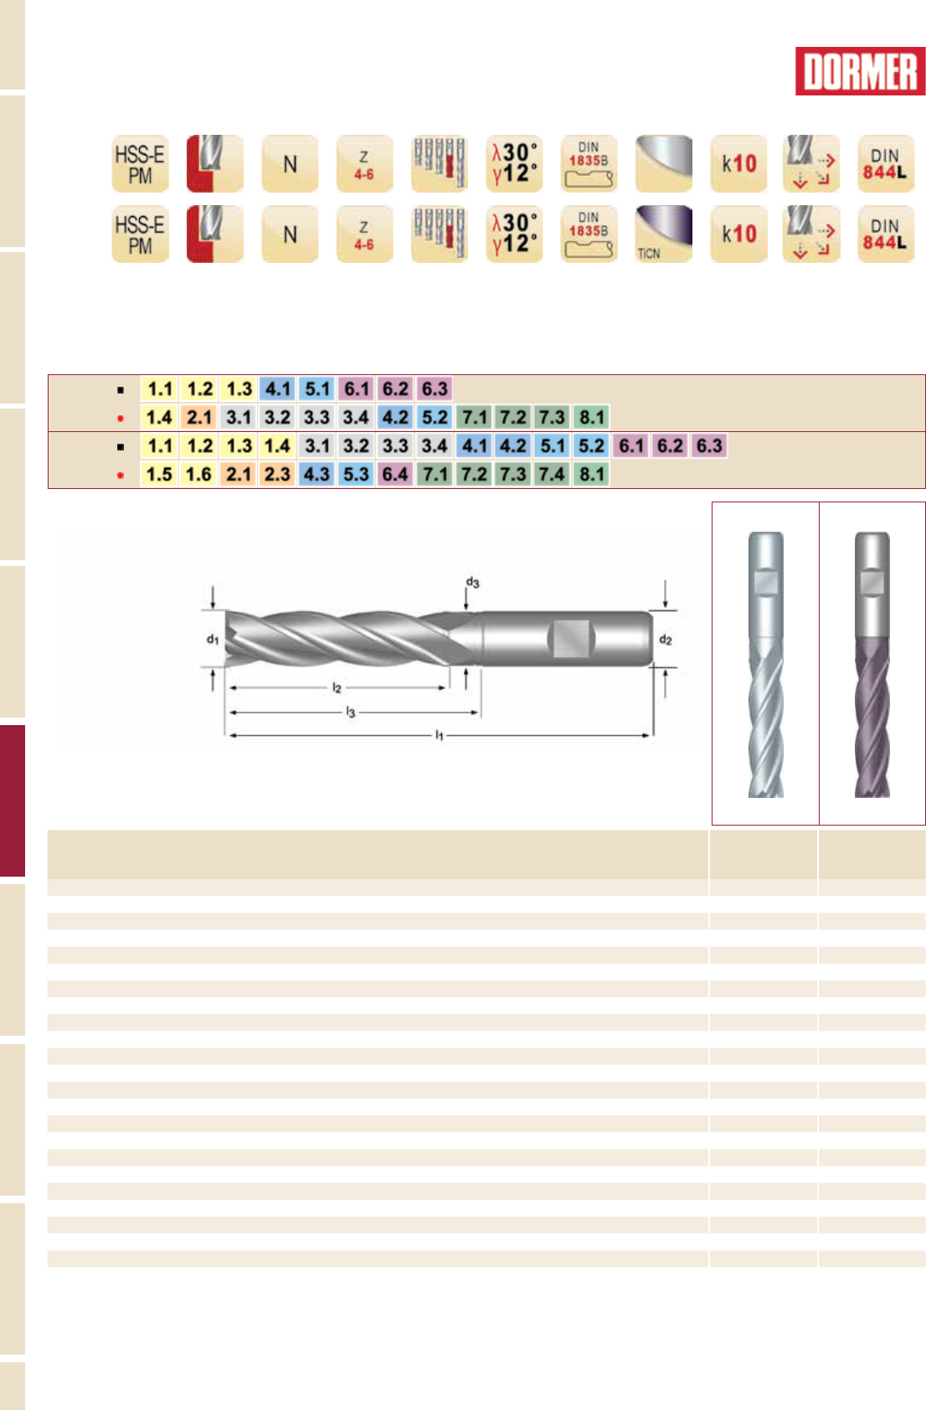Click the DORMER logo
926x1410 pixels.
coord(860,71)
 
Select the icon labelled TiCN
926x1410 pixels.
coord(663,234)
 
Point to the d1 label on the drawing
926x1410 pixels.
coord(213,640)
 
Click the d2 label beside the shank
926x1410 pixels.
coord(666,641)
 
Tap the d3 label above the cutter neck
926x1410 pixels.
coord(472,582)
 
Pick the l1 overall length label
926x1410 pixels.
coord(440,735)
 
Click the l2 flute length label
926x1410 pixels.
coord(337,688)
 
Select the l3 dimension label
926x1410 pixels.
coord(351,713)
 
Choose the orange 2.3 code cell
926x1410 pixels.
coord(278,474)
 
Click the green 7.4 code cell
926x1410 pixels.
coord(552,474)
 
